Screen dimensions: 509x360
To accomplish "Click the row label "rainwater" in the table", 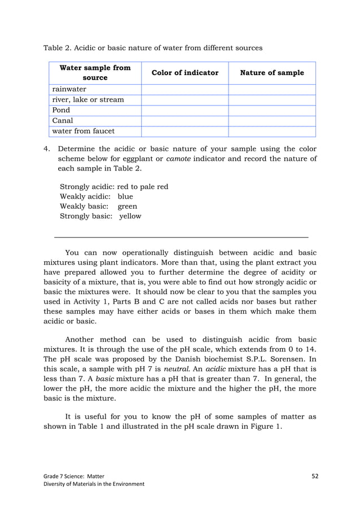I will pos(69,89).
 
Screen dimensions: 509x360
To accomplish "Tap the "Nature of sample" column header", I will pos(271,73).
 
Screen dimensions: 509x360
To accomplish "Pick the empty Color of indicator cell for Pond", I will pos(184,110).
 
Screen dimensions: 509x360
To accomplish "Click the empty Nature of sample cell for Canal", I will pos(271,121).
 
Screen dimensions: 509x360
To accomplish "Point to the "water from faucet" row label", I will pos(84,131).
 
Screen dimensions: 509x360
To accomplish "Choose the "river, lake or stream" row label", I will pos(87,100).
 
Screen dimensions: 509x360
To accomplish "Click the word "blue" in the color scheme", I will pos(125,196).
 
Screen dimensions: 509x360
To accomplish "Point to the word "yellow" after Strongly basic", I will pos(130,216).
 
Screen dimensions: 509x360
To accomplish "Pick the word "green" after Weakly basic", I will pos(127,207).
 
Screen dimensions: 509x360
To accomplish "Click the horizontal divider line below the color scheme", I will pos(181,237).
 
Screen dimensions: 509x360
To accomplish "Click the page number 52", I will pos(315,476).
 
